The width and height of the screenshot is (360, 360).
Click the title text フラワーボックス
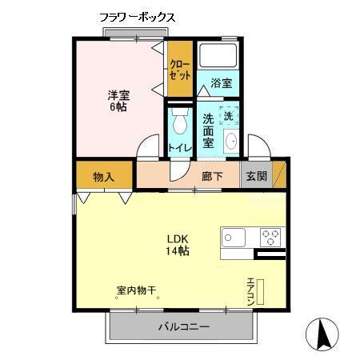[x=137, y=16]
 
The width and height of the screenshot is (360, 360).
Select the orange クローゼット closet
[x=180, y=70]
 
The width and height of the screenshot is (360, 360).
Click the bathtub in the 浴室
[x=219, y=56]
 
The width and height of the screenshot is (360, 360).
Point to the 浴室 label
[x=222, y=83]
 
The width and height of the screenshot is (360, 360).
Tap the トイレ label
[x=179, y=148]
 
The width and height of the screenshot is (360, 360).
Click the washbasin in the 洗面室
[x=232, y=142]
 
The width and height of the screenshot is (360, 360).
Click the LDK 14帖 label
[x=177, y=245]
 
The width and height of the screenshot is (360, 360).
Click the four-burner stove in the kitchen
[x=271, y=237]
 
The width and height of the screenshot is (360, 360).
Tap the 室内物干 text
[x=136, y=292]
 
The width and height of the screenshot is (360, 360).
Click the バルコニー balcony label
[x=183, y=327]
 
